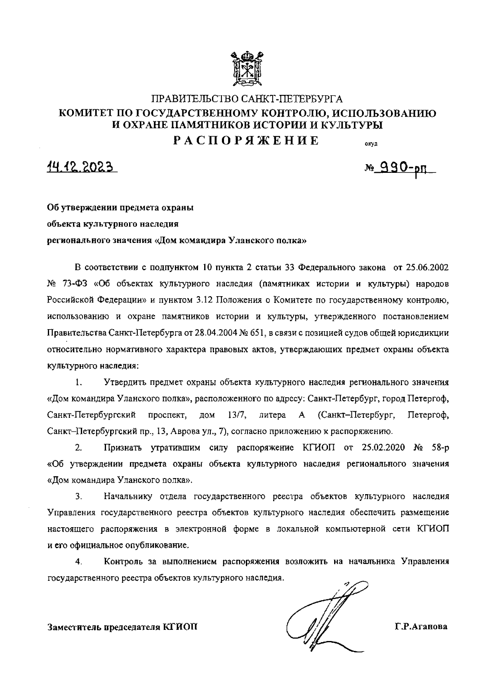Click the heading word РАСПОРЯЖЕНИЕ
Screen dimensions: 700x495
(246, 141)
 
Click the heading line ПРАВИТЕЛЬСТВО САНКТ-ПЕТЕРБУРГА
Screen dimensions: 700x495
(247, 99)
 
